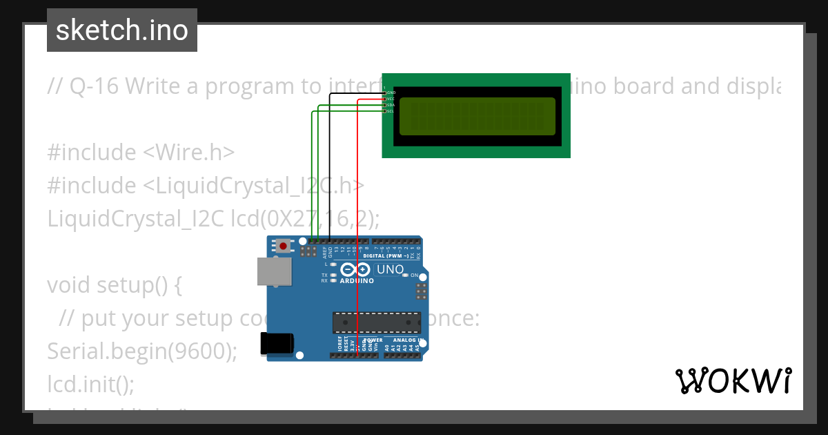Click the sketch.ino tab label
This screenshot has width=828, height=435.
[x=121, y=30]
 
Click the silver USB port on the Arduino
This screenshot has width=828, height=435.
[x=275, y=271]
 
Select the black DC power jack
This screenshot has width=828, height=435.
[x=277, y=344]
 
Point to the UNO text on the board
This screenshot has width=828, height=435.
[x=390, y=269]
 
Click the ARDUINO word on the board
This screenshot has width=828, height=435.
[x=357, y=281]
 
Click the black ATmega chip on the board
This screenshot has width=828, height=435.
[x=376, y=322]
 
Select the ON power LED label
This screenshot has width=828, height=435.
[x=415, y=275]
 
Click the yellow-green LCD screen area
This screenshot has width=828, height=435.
[x=477, y=116]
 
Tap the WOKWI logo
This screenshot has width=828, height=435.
[x=733, y=381]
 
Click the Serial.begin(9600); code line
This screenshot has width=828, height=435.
[x=141, y=351]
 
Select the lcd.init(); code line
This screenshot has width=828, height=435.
[x=90, y=383]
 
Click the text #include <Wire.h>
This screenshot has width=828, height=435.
[x=141, y=152]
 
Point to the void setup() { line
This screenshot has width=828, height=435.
[x=114, y=284]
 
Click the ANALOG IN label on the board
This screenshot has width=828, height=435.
[x=406, y=340]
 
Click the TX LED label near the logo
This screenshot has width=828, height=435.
[x=324, y=275]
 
